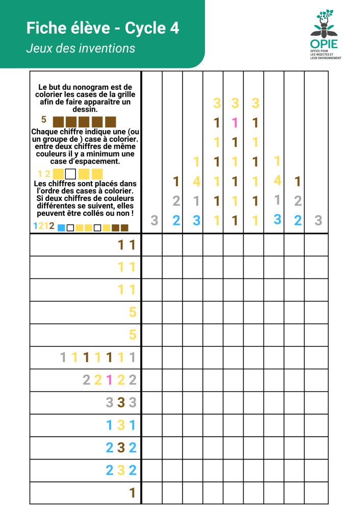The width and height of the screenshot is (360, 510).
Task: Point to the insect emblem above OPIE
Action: coord(324,22)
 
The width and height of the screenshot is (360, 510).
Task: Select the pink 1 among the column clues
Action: coord(235,122)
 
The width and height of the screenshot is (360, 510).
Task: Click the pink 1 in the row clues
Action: coord(109,380)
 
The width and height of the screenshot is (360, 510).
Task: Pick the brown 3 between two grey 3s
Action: coord(121,402)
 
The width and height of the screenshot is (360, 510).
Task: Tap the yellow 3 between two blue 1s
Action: coord(121,425)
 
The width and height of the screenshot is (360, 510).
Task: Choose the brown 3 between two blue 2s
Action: coord(121,448)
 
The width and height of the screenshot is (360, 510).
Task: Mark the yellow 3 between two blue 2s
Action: coord(121,470)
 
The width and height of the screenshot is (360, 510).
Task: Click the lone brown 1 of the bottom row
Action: coord(132,493)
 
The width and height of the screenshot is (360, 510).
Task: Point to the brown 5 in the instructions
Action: coord(44,120)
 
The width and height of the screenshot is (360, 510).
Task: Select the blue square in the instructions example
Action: coord(61,227)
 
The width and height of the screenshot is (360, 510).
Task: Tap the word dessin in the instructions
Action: coord(85,109)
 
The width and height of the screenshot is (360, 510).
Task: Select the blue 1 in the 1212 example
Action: coord(35,226)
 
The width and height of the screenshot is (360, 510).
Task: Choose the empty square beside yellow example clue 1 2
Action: coord(70,174)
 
